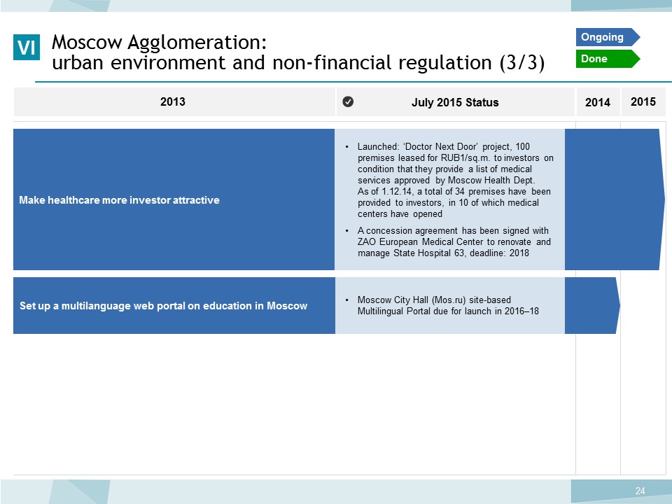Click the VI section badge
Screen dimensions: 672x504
click(x=27, y=47)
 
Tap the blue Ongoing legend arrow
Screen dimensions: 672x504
click(x=608, y=37)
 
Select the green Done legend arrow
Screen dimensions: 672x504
click(x=608, y=59)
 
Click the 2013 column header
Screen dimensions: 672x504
click(x=173, y=101)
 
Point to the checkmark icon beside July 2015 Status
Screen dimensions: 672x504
click(x=348, y=101)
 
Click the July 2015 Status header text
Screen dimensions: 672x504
click(x=455, y=102)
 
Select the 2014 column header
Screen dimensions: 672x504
click(x=598, y=102)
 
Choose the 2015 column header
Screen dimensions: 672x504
click(x=643, y=101)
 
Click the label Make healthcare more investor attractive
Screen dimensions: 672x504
click(x=119, y=200)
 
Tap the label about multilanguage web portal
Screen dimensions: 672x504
click(x=163, y=306)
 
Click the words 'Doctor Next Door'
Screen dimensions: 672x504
click(x=441, y=146)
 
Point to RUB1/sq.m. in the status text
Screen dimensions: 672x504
click(x=465, y=157)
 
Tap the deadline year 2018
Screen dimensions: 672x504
click(x=519, y=253)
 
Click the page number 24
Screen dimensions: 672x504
click(x=640, y=491)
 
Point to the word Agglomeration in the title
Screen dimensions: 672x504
click(x=197, y=43)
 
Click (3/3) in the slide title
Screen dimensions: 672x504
click(x=522, y=63)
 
